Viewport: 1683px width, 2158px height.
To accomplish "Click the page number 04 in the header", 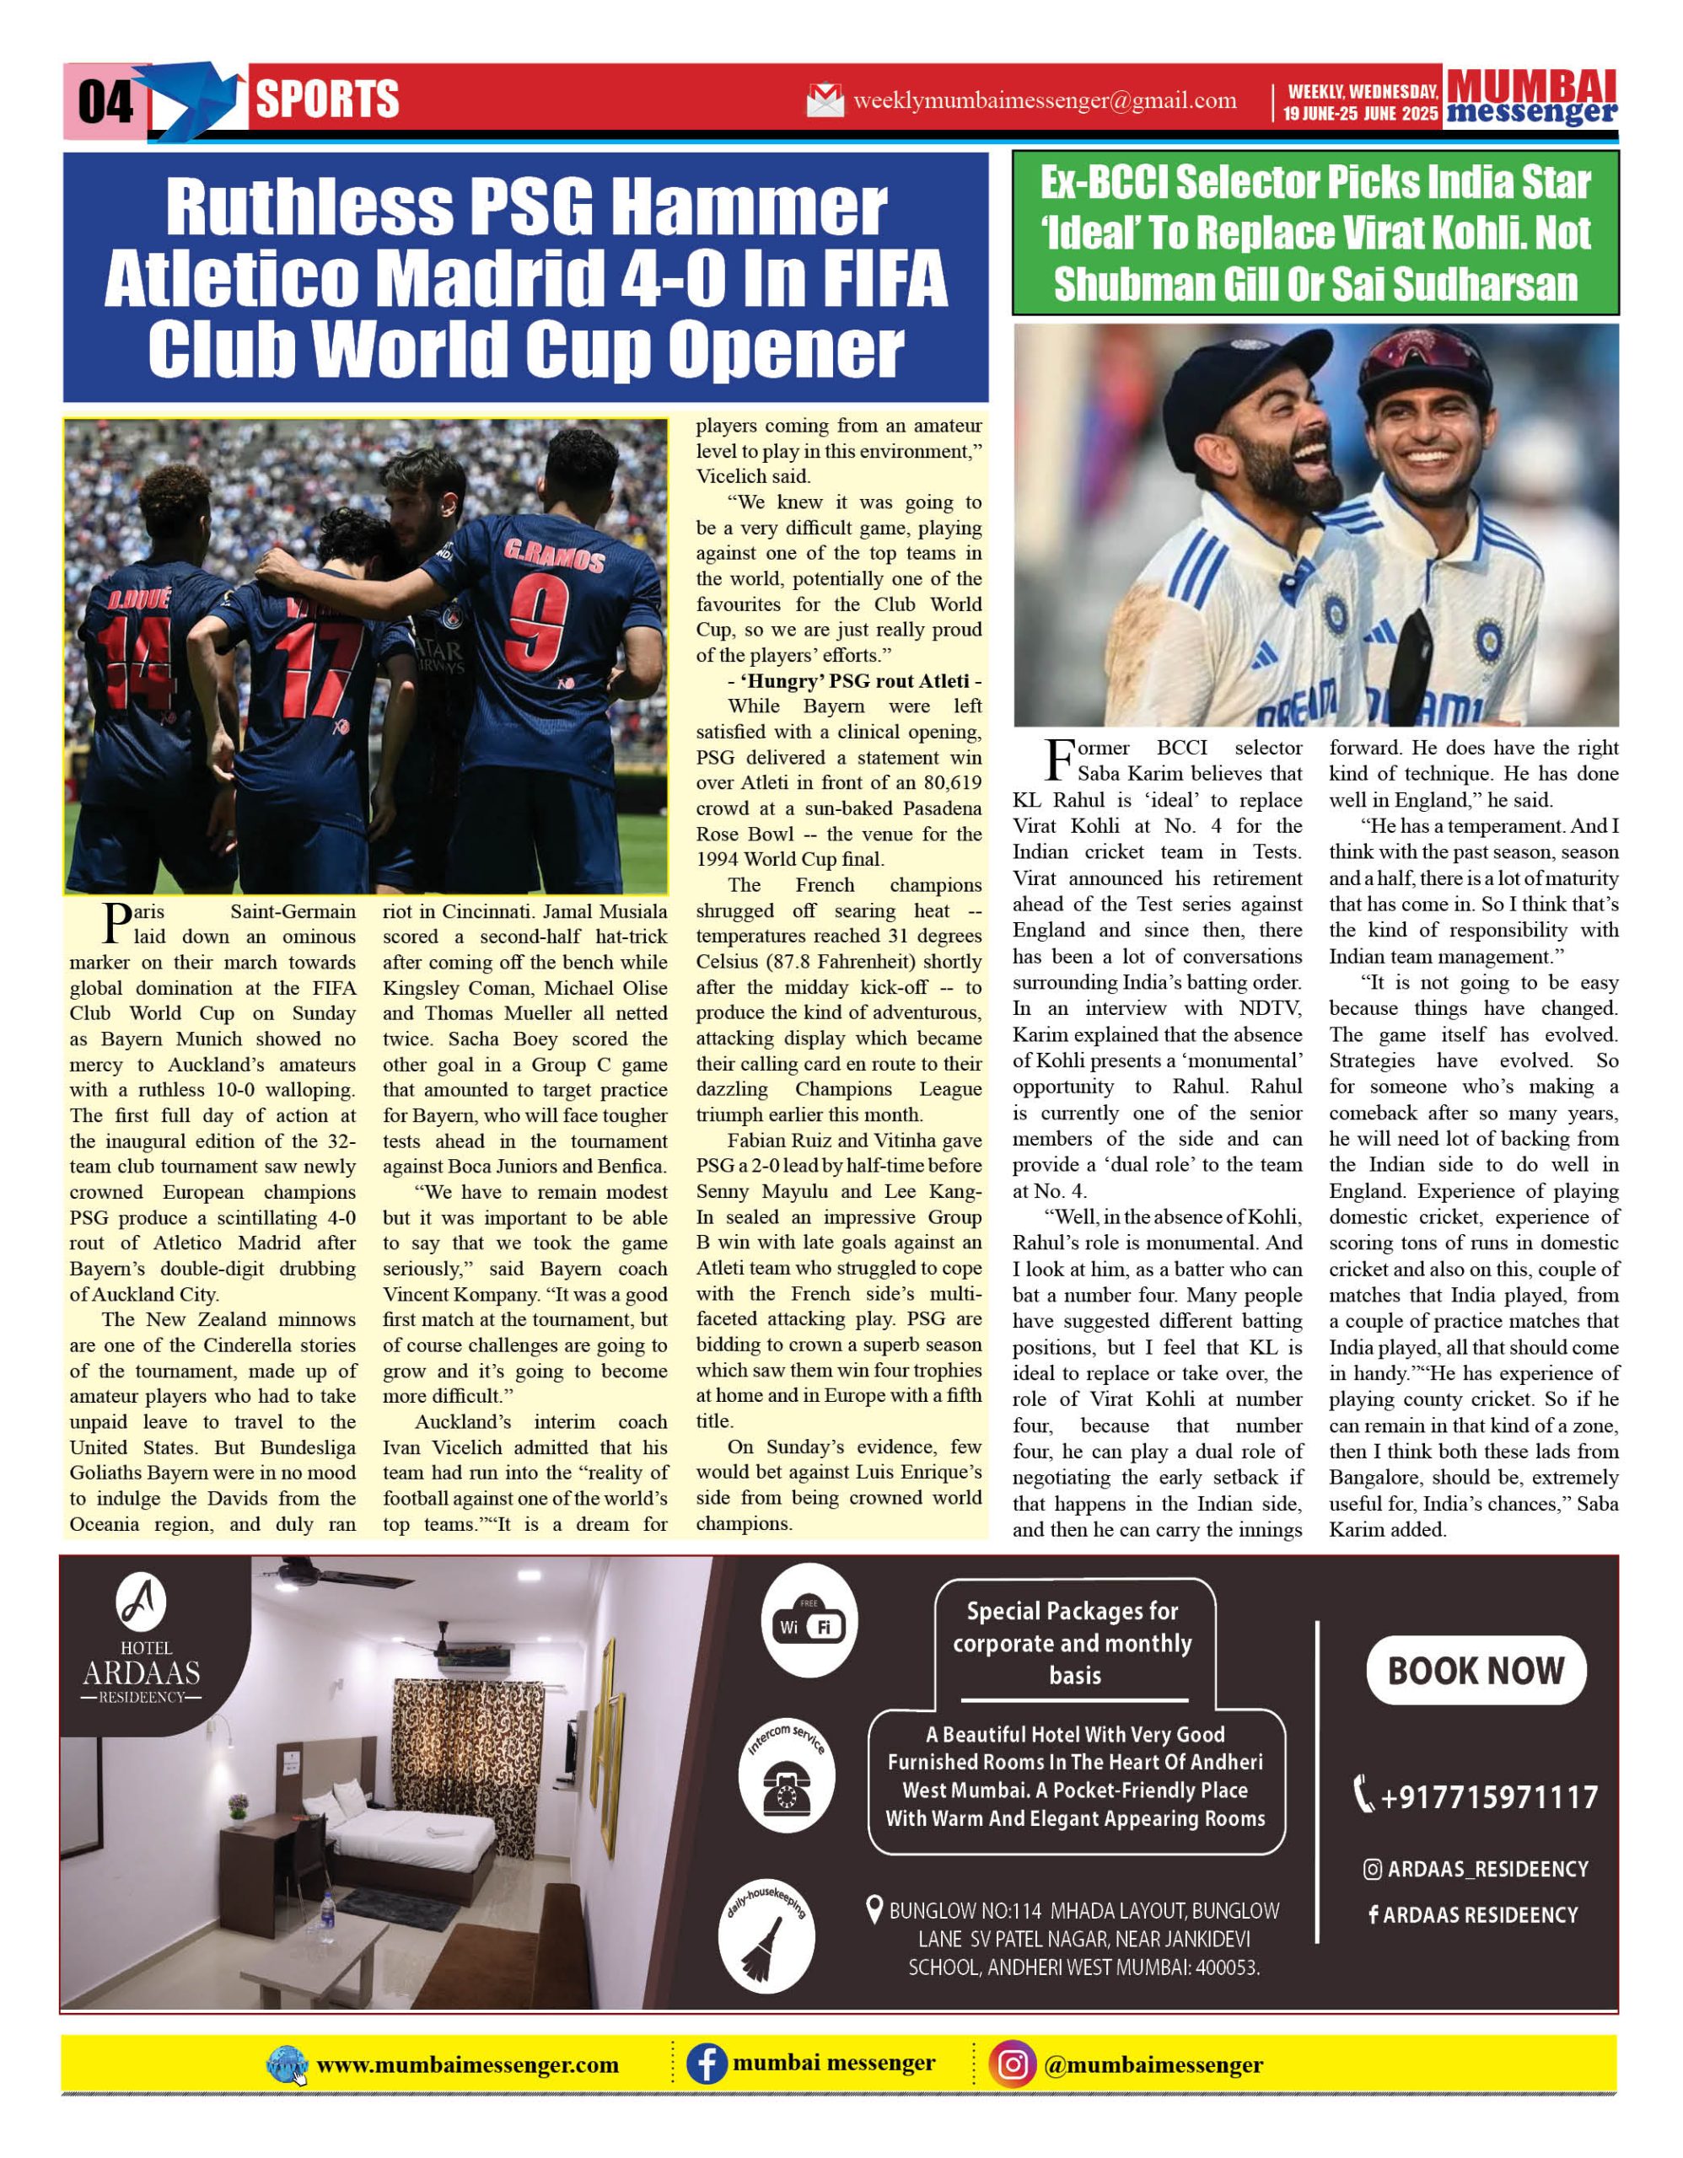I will coord(105,102).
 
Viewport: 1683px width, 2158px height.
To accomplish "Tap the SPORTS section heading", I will coord(327,99).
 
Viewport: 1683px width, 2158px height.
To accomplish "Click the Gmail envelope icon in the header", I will coord(825,101).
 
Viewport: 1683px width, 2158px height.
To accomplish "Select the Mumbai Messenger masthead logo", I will coord(1531,97).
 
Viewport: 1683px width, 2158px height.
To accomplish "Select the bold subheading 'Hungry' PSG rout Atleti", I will coord(839,682).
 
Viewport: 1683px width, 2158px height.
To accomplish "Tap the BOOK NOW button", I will coord(1476,1670).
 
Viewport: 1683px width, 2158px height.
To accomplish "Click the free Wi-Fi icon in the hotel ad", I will coord(809,1624).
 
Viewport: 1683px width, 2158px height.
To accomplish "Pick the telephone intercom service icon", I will coord(787,1785).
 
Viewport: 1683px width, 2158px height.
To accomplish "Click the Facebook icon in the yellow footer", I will coord(707,2064).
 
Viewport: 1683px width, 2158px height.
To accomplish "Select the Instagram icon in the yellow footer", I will coord(1013,2064).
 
